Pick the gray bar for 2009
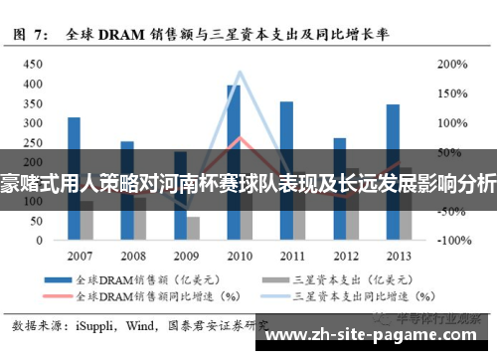pyautogui.click(x=193, y=228)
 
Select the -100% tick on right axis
pyautogui.click(x=449, y=241)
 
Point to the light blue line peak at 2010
pyautogui.click(x=240, y=73)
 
